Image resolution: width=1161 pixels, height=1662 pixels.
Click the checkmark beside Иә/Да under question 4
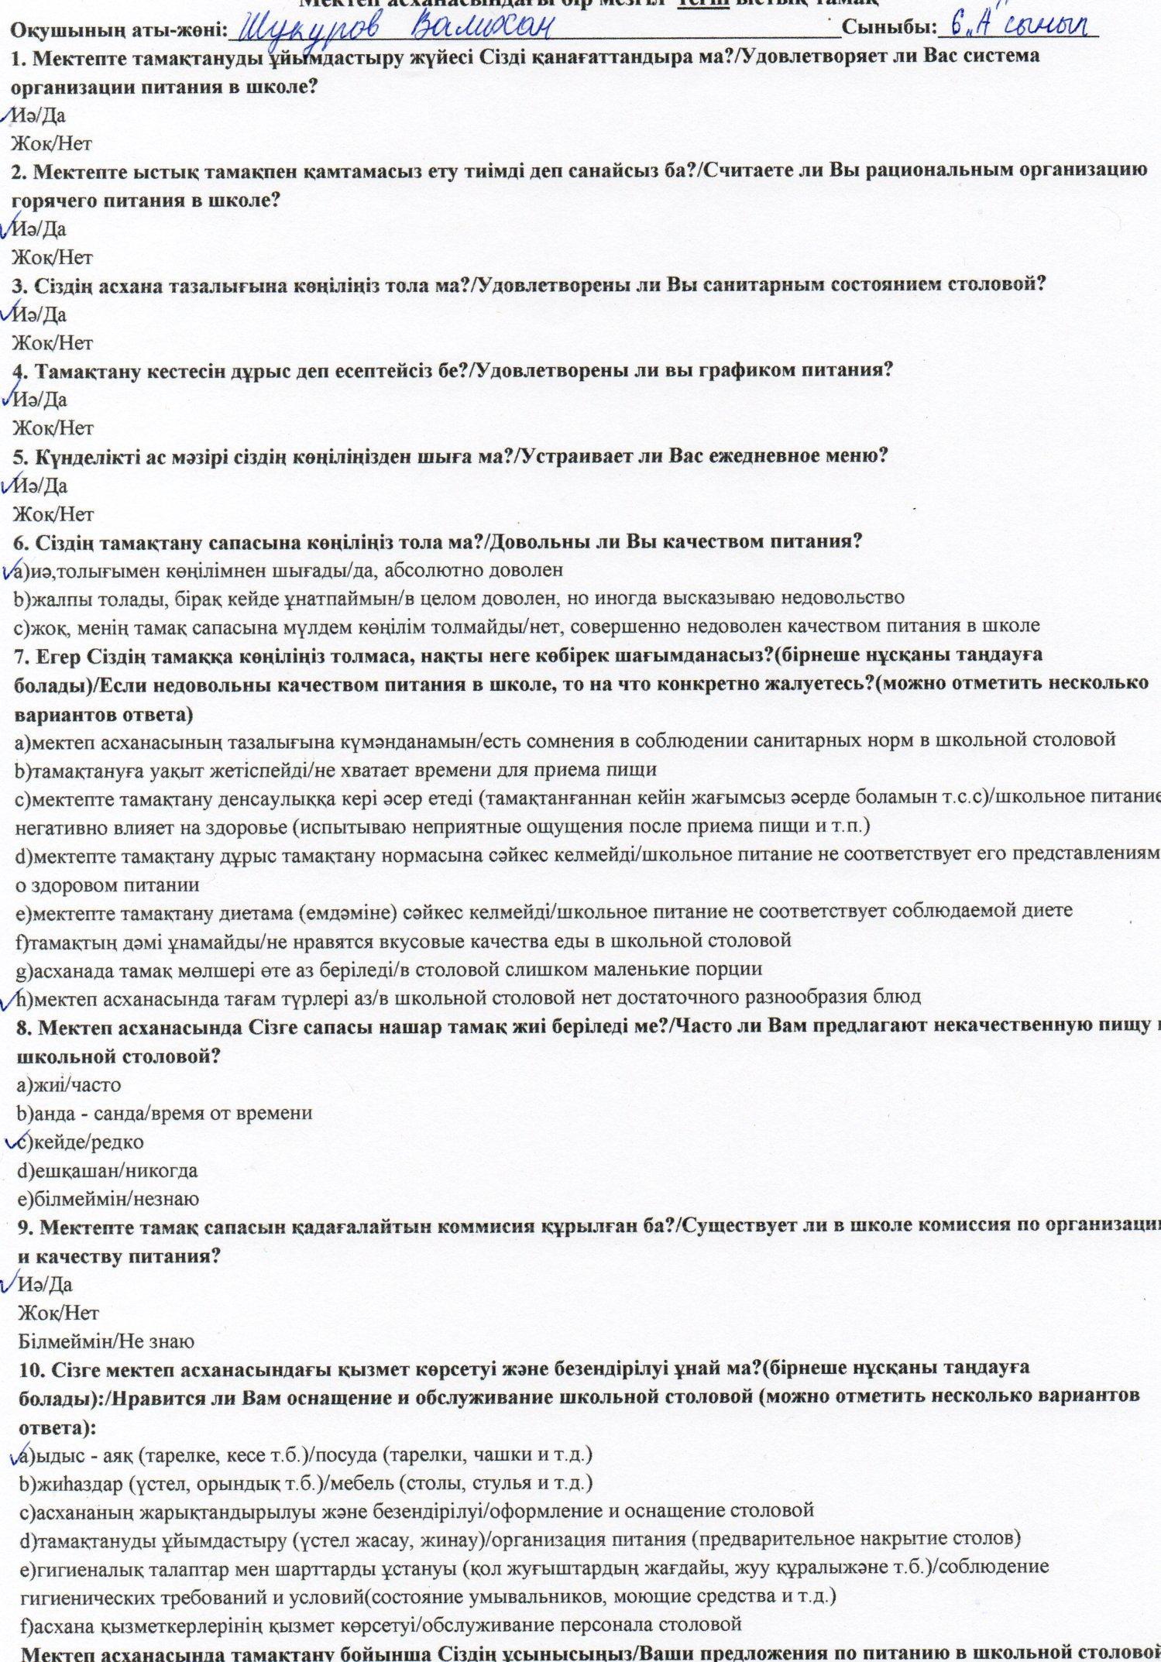9,397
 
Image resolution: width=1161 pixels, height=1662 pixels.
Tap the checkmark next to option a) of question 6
11,570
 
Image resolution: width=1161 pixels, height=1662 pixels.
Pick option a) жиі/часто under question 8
68,1085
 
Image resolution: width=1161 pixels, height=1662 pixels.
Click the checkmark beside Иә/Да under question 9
9,1283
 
